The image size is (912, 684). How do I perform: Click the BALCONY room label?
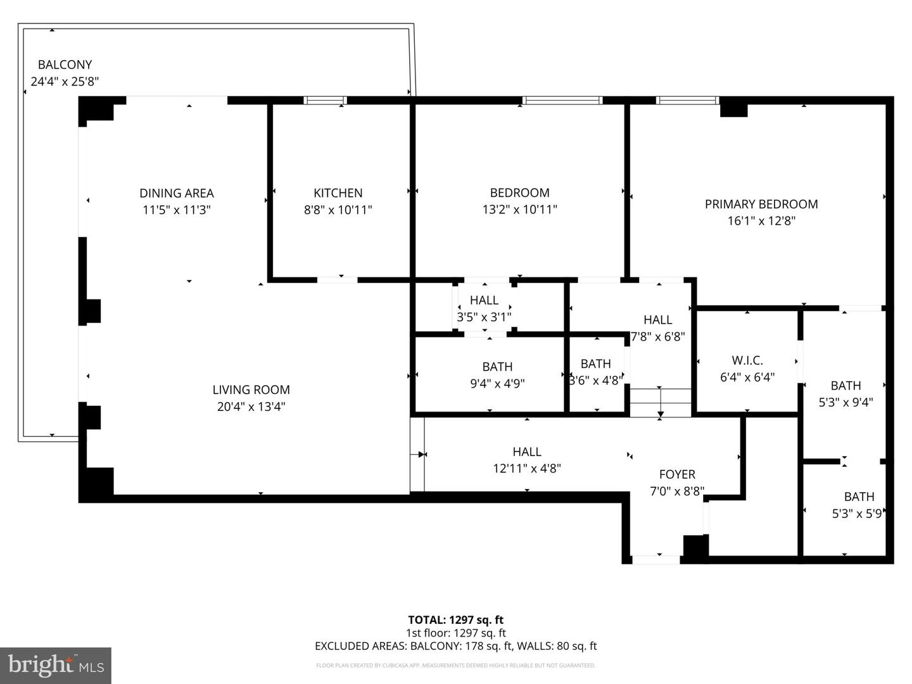click(65, 65)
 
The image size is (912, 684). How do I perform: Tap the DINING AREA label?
click(177, 193)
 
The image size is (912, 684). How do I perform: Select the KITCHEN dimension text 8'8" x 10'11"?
click(338, 210)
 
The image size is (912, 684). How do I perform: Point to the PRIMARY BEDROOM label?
click(761, 204)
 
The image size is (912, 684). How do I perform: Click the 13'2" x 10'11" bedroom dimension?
click(519, 210)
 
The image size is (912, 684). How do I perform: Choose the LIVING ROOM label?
click(251, 390)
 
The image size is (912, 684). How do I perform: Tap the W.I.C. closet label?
click(747, 360)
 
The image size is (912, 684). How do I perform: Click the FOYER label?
click(677, 474)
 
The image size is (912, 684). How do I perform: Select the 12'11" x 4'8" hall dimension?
click(527, 469)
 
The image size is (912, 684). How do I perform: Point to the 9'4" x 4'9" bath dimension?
click(497, 383)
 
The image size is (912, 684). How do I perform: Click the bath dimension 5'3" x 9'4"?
click(845, 402)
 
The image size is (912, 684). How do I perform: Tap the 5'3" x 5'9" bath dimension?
click(857, 514)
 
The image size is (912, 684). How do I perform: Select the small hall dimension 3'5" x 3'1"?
click(484, 317)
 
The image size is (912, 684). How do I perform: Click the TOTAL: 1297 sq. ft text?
click(455, 620)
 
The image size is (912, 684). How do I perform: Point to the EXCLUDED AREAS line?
click(455, 646)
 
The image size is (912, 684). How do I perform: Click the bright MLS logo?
click(56, 665)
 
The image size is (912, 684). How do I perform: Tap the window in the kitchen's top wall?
click(325, 100)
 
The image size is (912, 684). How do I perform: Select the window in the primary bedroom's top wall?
click(687, 100)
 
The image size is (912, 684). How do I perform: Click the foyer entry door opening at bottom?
click(656, 559)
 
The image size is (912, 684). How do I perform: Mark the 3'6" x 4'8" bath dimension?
click(595, 381)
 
